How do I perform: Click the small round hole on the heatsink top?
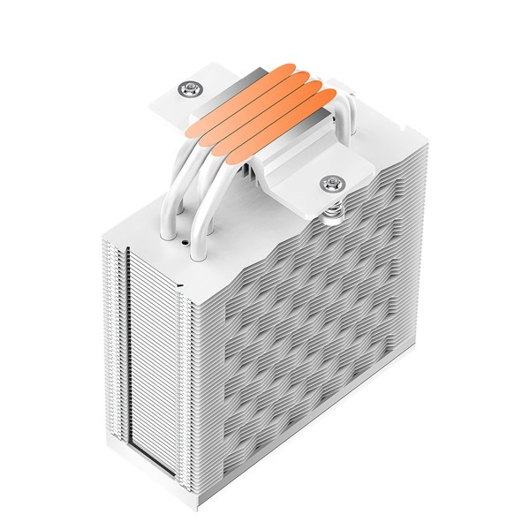[x=183, y=239]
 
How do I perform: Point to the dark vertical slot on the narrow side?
[x=132, y=353]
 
